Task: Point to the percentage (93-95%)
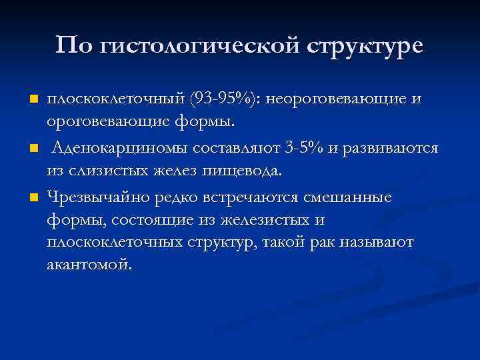(x=227, y=100)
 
